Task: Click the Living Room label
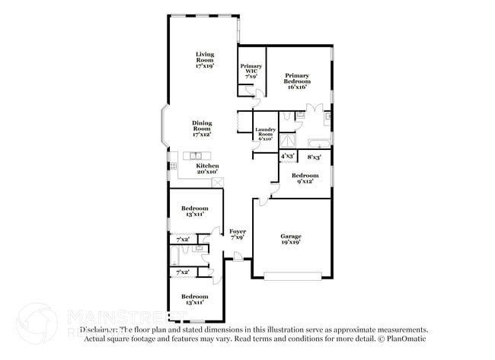pos(204,60)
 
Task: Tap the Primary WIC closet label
pos(251,72)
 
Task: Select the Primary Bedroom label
pos(296,81)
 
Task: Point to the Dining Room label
pos(202,128)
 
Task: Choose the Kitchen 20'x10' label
pos(207,169)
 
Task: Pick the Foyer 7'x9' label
pos(238,234)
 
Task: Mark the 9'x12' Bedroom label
pos(304,177)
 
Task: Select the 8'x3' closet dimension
pos(314,157)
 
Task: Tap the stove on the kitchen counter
pos(174,165)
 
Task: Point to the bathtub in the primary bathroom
pos(318,143)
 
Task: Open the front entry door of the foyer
pos(238,262)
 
